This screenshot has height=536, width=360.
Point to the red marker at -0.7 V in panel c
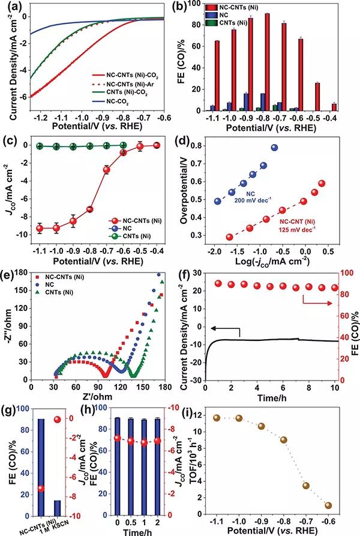107,170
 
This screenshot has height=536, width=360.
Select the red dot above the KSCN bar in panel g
58,419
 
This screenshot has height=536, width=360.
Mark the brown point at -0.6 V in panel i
328,505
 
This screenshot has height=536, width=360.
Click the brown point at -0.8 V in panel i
284,440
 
